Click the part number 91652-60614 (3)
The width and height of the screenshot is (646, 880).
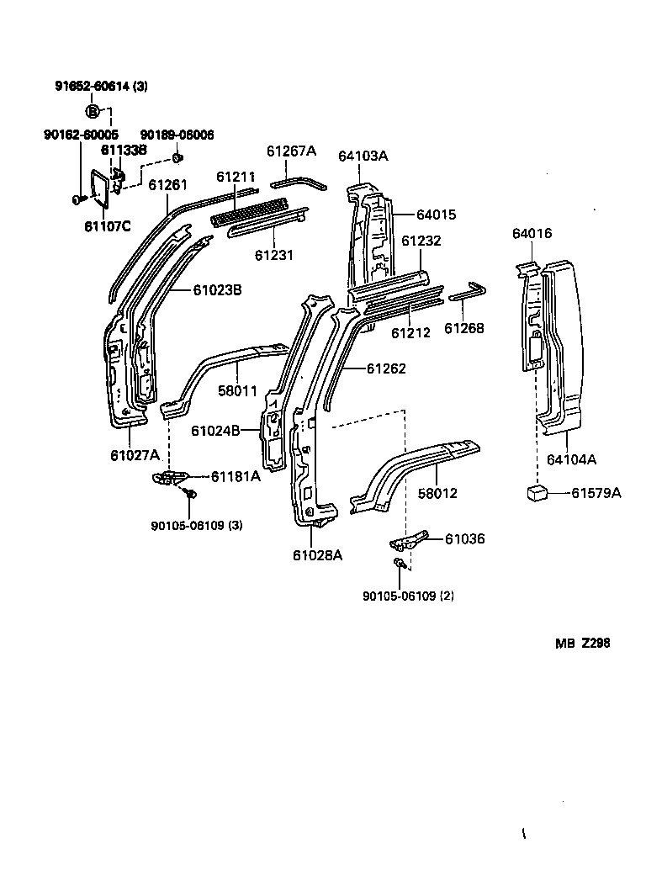tap(100, 87)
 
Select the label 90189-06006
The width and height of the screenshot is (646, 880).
tap(177, 135)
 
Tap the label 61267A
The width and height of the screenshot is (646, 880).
tap(291, 151)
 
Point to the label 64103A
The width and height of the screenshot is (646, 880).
tap(363, 156)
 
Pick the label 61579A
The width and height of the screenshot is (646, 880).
tap(596, 493)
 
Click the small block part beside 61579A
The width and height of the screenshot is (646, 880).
tap(535, 493)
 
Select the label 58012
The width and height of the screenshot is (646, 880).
tap(437, 493)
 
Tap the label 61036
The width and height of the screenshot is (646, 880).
tap(465, 539)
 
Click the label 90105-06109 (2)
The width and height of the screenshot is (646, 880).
tap(408, 596)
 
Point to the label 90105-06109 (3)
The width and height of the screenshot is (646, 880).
tap(197, 526)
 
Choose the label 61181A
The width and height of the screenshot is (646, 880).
tap(236, 477)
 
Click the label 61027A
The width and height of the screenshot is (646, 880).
tap(134, 455)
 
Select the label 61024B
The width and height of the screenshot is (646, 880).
tap(215, 431)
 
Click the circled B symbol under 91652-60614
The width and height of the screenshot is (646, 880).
tap(93, 110)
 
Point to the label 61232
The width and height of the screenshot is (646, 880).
tap(421, 241)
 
